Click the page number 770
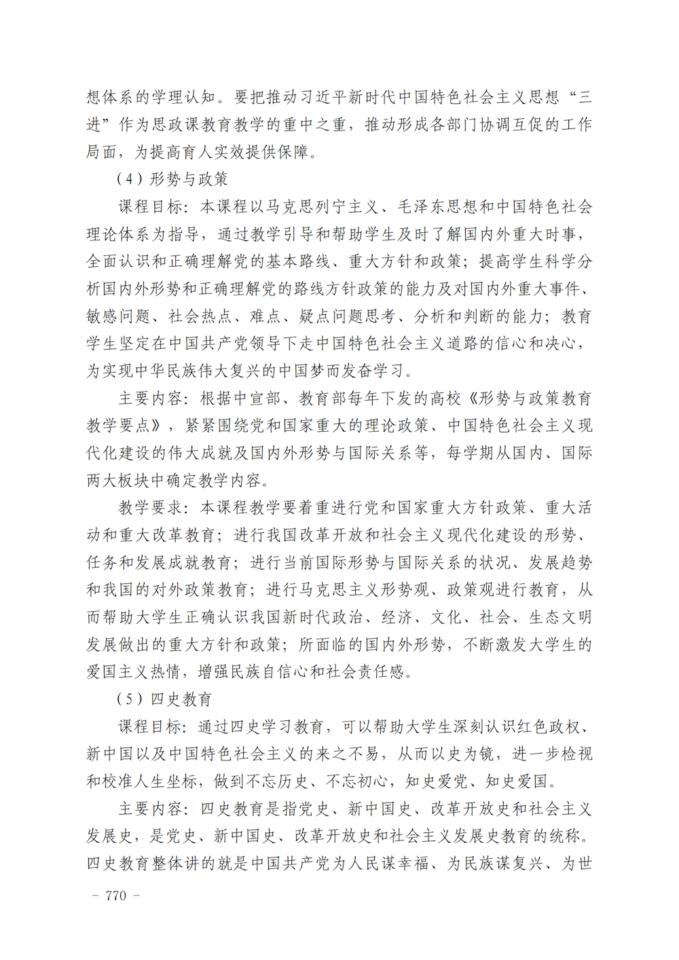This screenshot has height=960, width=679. (116, 896)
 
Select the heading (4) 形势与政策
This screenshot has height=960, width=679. (172, 179)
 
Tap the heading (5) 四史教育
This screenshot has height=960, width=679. (164, 699)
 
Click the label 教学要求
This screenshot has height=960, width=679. (151, 508)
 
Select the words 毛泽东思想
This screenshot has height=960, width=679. (438, 207)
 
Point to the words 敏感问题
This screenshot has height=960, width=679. (118, 316)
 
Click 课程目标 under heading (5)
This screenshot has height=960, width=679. (151, 727)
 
